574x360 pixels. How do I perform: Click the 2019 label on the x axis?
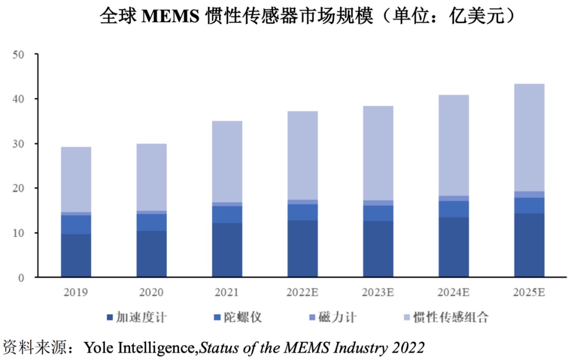tap(76, 292)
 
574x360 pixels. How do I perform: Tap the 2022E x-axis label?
tap(302, 292)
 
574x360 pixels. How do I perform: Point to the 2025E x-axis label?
tap(529, 292)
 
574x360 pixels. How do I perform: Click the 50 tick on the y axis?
tap(20, 54)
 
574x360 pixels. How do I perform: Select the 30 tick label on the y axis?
tap(20, 144)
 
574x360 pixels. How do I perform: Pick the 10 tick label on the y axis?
tap(20, 233)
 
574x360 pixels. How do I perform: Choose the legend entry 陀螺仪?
tap(244, 318)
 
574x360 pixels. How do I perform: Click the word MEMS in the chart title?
tap(171, 16)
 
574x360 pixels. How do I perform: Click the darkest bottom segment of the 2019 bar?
tap(76, 256)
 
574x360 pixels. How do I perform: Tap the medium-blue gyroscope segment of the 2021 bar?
tap(227, 214)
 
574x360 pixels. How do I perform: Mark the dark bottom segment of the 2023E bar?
tap(378, 249)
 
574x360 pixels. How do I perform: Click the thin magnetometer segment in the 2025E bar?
tap(529, 195)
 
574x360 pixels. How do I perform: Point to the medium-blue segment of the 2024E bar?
tap(453, 209)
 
